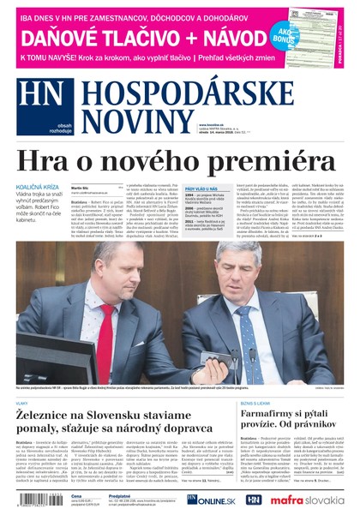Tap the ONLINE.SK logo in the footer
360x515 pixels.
pyautogui.click(x=208, y=499)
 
